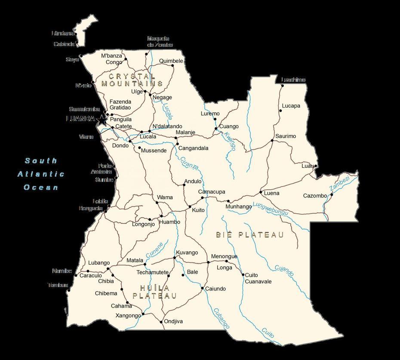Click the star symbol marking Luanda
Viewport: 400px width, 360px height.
[x=102, y=120]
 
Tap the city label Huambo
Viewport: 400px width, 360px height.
[x=169, y=222]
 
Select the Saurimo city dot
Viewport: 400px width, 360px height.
[x=272, y=140]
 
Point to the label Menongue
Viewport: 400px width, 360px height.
[x=224, y=256]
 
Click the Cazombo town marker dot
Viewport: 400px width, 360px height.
[x=332, y=194]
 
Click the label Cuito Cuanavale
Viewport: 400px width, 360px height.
[x=258, y=278]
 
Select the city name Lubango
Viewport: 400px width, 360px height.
[x=99, y=263]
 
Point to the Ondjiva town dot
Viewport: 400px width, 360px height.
[x=161, y=322]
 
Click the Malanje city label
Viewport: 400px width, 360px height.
[x=185, y=132]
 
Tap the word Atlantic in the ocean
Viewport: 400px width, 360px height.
[x=41, y=174]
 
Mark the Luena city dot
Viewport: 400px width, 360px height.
[x=261, y=192]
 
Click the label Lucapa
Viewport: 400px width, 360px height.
[x=291, y=106]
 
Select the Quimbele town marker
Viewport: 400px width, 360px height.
[x=173, y=65]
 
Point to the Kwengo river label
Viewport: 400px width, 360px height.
[x=230, y=141]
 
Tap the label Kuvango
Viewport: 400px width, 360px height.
[x=187, y=252]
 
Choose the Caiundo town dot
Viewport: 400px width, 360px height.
[x=202, y=288]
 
